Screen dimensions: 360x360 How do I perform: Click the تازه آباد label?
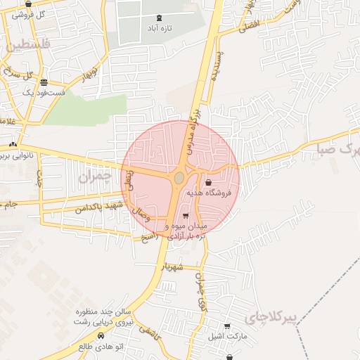(159, 29)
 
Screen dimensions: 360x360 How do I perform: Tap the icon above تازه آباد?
(158, 18)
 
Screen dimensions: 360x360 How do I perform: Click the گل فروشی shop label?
(32, 13)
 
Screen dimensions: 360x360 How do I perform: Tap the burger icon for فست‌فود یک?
(44, 82)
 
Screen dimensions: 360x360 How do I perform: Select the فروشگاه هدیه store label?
(210, 193)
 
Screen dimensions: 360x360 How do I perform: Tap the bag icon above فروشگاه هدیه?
(209, 182)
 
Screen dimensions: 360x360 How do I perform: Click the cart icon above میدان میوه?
(185, 216)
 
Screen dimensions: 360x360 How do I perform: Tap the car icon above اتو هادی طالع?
(103, 335)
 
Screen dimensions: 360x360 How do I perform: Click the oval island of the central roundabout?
(179, 177)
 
